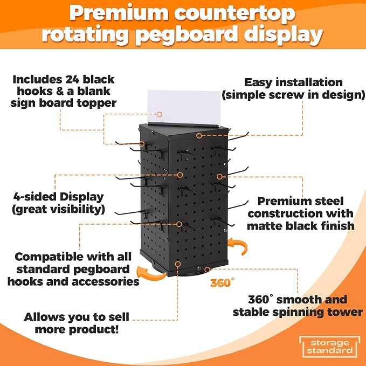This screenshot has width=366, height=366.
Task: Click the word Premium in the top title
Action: point(119,13)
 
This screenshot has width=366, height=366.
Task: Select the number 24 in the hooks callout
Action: point(72,79)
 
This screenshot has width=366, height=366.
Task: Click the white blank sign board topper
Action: point(184,107)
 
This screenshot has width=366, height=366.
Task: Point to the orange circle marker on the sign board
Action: point(160,114)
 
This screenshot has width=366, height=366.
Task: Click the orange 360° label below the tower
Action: point(222,282)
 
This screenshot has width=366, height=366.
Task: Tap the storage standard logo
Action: point(329,347)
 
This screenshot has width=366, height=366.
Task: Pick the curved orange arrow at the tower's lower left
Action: point(151,273)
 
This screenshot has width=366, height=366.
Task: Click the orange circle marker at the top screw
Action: point(199,135)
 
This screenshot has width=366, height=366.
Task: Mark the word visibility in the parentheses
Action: point(76,209)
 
